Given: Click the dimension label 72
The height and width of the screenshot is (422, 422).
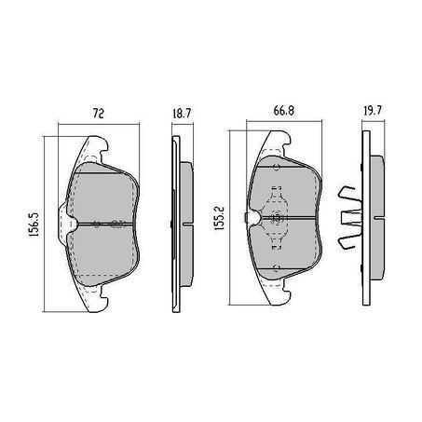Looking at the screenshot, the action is click(99, 114).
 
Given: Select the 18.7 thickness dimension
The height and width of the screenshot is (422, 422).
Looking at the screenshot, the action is click(183, 114).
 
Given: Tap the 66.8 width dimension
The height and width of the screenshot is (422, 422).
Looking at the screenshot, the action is click(284, 111).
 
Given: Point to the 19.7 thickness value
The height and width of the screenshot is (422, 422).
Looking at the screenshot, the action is click(373, 111).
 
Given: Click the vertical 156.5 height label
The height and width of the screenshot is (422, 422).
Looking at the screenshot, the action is click(34, 225).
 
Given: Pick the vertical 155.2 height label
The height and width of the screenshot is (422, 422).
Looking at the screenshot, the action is click(219, 218).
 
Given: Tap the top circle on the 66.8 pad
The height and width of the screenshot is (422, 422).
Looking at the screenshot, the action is click(276, 168).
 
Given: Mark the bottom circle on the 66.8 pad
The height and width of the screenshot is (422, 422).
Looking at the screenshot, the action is click(277, 268).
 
